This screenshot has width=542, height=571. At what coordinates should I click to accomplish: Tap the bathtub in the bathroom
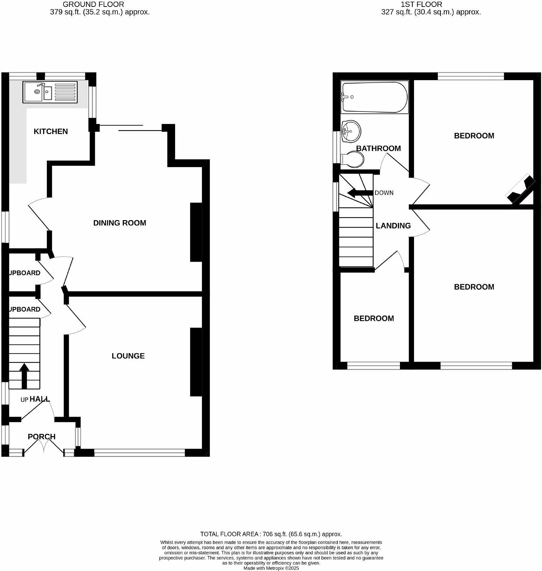point(374,97)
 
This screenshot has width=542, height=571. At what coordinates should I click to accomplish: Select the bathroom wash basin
point(351,131)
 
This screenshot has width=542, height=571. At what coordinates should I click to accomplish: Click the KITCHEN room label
point(51,131)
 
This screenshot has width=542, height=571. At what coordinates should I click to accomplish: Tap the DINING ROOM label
point(119,223)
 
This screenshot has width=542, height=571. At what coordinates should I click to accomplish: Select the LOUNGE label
point(128,356)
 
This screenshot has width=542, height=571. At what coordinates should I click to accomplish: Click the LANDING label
point(393,226)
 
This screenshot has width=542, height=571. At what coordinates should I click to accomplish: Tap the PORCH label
point(42,437)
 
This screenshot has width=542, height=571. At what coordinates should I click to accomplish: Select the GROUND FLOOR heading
point(93,5)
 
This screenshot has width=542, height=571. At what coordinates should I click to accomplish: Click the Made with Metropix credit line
point(271,568)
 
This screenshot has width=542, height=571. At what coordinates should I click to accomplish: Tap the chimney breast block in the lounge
point(196,362)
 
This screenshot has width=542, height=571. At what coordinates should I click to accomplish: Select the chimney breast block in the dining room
point(196,232)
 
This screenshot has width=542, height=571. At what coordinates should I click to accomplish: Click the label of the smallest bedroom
point(374,319)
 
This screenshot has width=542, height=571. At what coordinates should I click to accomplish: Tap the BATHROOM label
point(378,148)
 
